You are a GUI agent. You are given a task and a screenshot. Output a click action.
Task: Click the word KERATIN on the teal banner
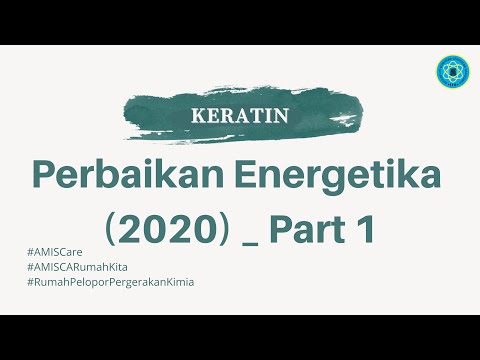pos(240,115)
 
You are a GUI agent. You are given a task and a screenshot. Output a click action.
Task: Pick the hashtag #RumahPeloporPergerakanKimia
pos(112,282)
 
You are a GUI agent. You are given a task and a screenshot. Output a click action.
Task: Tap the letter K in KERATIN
pos(196,115)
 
